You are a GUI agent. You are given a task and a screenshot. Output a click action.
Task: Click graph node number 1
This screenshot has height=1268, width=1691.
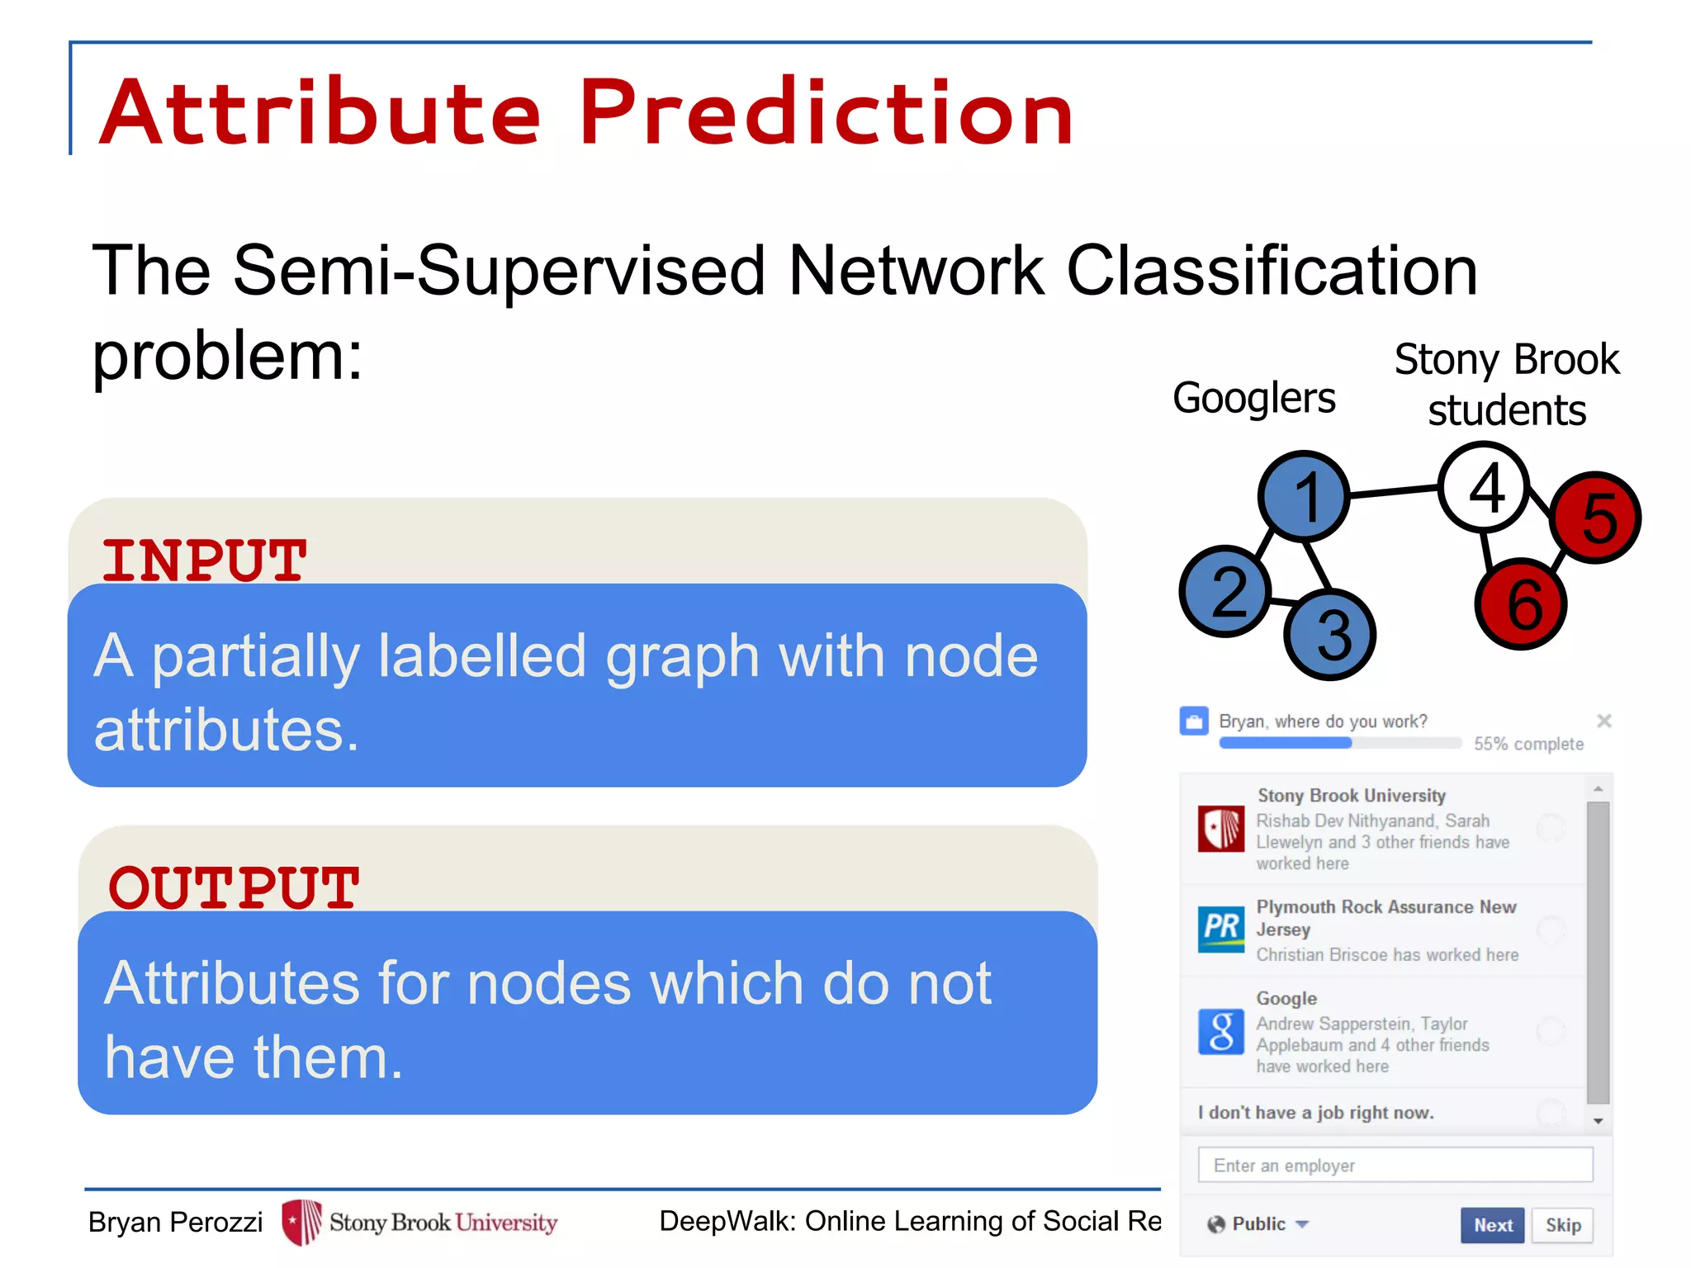click(1304, 496)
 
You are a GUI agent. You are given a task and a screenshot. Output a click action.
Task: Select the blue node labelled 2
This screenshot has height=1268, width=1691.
click(1226, 591)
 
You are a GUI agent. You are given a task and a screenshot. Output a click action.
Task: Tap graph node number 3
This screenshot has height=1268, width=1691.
click(1330, 634)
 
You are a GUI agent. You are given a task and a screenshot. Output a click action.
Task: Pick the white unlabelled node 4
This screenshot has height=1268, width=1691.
click(1484, 488)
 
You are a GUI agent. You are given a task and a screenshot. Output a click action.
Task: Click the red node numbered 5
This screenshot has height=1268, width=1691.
click(1596, 518)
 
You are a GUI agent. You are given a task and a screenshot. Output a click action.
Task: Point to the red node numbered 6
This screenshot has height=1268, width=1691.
click(1521, 603)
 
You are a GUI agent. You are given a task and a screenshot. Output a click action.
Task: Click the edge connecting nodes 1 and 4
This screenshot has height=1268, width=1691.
click(1394, 492)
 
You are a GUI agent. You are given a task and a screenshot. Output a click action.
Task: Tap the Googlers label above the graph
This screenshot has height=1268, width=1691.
click(1253, 399)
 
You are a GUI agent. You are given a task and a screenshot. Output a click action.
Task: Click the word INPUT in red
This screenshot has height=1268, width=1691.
click(204, 561)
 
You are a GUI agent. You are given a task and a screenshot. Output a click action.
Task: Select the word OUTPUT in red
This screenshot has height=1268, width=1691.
click(234, 888)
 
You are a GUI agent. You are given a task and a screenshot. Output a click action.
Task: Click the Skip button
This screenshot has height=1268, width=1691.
click(1562, 1225)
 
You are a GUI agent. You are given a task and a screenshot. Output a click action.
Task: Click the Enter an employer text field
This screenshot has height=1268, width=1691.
click(1395, 1165)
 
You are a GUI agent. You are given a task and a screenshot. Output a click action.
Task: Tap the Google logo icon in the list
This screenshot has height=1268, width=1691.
click(1220, 1032)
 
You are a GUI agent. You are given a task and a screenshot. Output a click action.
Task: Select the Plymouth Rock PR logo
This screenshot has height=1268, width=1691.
click(1220, 929)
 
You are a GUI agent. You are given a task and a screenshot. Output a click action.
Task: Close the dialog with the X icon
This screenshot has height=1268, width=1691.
click(1603, 721)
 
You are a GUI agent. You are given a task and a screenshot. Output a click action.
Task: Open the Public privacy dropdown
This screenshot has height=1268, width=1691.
click(1258, 1224)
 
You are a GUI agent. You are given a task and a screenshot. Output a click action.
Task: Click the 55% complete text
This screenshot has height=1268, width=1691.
click(1528, 744)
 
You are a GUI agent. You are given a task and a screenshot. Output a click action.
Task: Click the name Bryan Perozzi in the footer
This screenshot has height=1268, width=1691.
click(175, 1222)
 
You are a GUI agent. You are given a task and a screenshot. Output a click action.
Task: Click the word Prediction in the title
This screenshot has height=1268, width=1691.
click(826, 112)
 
